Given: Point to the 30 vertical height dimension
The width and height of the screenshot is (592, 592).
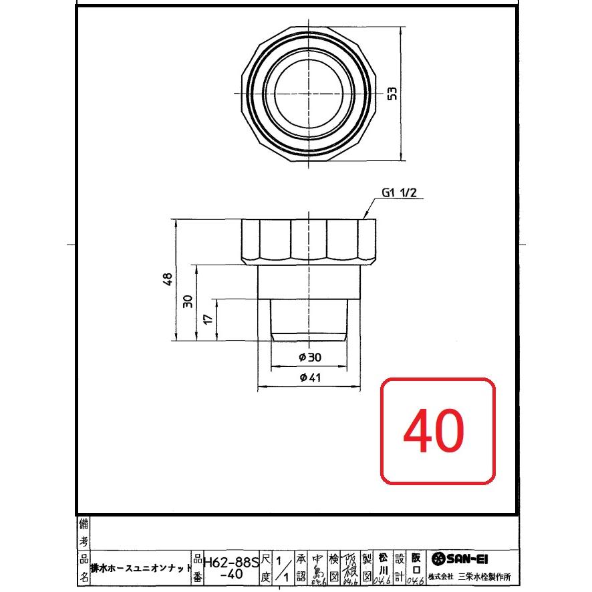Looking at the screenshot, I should [188, 301].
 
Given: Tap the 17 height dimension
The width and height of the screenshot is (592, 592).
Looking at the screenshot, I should [208, 319].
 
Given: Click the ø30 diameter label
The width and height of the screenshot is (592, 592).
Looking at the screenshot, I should [311, 357].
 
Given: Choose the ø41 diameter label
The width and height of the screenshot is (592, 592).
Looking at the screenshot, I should [311, 378].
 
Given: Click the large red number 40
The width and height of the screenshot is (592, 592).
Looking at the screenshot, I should [437, 430].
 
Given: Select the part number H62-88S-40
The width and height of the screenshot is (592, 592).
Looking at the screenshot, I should [230, 567].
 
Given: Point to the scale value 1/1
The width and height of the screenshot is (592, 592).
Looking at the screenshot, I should [281, 567].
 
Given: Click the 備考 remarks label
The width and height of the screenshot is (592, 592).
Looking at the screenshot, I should [84, 531].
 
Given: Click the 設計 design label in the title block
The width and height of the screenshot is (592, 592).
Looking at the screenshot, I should [400, 567].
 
